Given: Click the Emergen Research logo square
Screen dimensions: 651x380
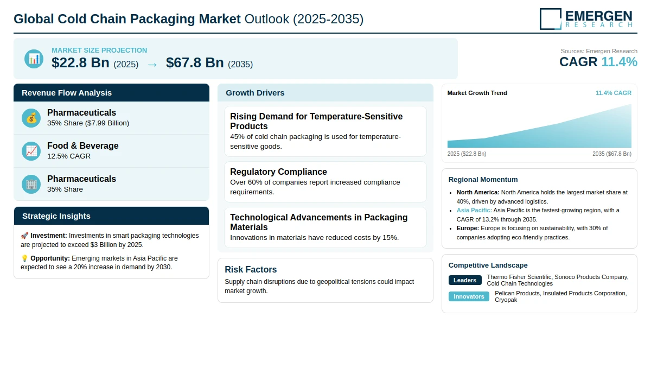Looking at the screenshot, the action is click(x=551, y=19).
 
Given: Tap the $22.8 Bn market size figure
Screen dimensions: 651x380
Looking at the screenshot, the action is click(x=80, y=63).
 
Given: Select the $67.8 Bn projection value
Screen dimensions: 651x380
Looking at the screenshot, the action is click(x=195, y=63).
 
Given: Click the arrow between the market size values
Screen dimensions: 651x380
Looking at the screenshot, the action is click(x=152, y=65).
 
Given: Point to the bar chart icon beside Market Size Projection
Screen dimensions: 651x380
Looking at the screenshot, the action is click(x=34, y=59).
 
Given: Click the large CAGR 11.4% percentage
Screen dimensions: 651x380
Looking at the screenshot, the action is click(x=619, y=62).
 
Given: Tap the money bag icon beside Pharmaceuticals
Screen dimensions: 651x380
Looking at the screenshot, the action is click(x=31, y=118).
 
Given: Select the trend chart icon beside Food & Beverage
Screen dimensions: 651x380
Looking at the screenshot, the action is click(x=31, y=151).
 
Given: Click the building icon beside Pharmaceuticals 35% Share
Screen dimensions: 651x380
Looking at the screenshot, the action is click(x=31, y=185).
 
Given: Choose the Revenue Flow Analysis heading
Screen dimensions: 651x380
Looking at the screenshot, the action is click(x=67, y=93).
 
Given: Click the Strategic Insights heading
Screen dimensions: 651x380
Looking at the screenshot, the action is click(x=56, y=216).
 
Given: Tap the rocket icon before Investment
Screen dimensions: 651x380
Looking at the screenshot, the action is click(x=24, y=236).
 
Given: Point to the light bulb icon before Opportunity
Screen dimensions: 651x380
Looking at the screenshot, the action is click(x=24, y=258).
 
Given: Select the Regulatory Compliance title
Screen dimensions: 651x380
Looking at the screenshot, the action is click(x=278, y=172).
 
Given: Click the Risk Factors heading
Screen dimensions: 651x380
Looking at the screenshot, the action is click(x=251, y=269).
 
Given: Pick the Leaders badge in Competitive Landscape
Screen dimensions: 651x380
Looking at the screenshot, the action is click(x=465, y=280).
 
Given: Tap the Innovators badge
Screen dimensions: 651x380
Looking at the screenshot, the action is click(x=469, y=296).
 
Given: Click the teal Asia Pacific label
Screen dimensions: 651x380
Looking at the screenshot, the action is click(x=474, y=210).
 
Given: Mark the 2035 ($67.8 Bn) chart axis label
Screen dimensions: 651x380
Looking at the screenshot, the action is click(x=612, y=154).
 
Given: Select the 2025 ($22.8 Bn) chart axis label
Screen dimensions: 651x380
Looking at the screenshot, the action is click(x=467, y=154).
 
